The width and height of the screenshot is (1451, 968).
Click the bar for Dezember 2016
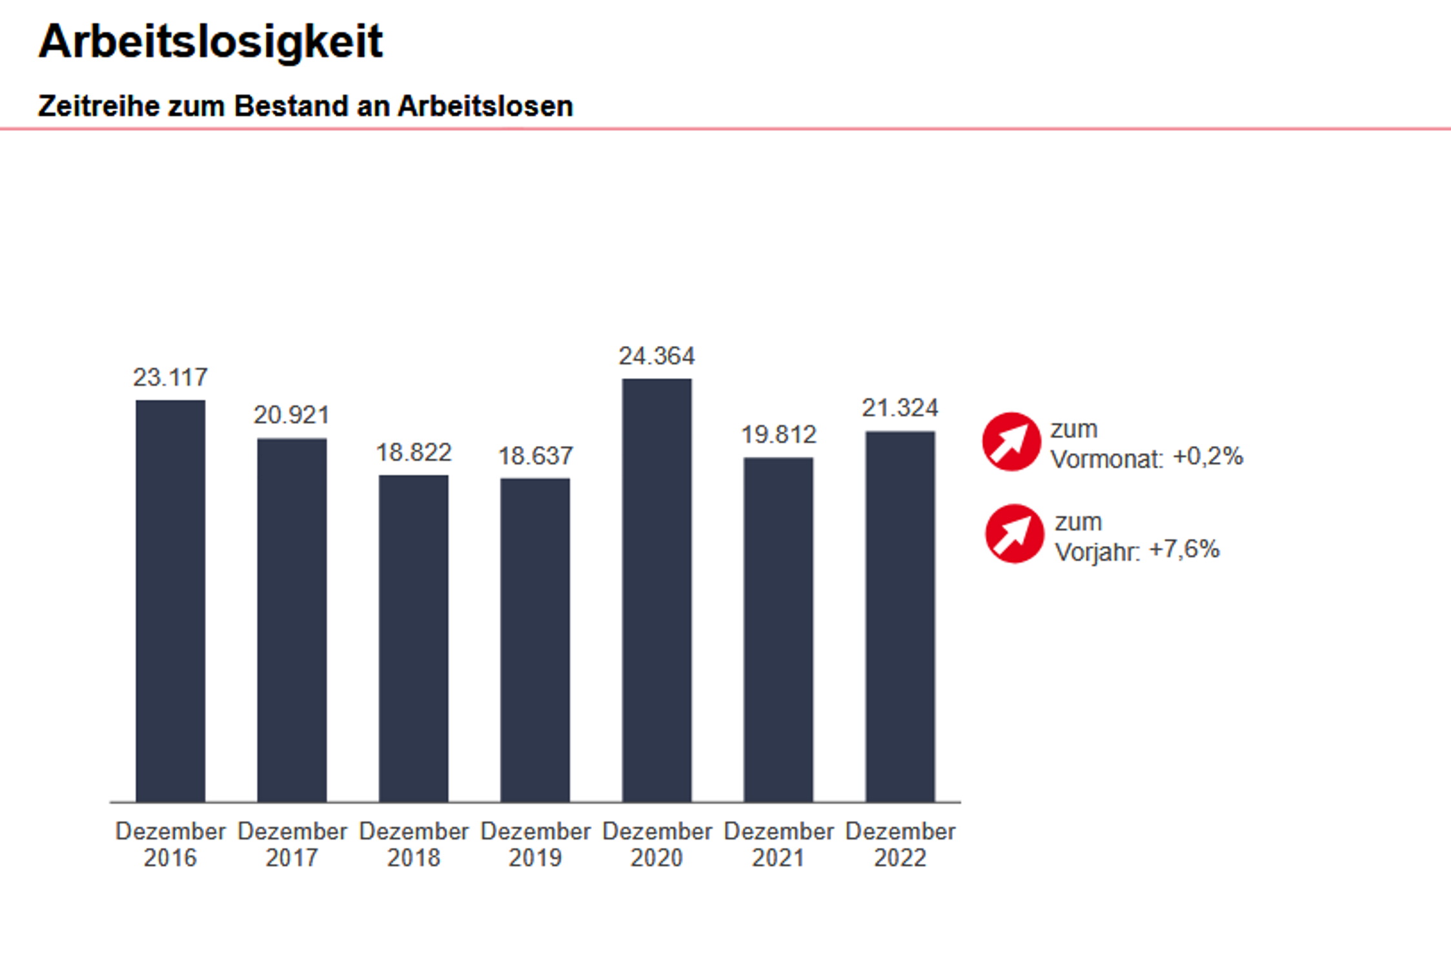(170, 600)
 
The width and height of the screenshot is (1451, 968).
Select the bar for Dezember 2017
(292, 620)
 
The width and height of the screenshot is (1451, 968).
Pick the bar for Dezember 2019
(535, 640)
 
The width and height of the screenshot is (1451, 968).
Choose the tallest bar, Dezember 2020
(656, 590)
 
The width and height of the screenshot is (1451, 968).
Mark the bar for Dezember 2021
(778, 629)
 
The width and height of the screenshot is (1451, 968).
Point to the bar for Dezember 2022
(900, 616)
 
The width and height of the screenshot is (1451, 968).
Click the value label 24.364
(656, 356)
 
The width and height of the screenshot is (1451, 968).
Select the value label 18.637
(535, 456)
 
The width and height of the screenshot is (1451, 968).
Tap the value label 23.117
(170, 378)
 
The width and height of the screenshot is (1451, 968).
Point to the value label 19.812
(778, 435)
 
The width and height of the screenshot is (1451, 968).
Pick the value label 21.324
(900, 408)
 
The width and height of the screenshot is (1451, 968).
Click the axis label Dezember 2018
(413, 844)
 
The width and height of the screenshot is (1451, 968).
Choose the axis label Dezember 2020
(656, 844)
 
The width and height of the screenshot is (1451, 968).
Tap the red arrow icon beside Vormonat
(1011, 442)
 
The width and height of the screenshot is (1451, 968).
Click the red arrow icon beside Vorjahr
(1014, 534)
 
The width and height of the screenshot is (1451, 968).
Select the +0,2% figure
(1208, 457)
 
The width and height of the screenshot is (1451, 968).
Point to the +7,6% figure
(1184, 549)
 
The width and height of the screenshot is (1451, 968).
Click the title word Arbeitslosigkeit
(210, 42)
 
